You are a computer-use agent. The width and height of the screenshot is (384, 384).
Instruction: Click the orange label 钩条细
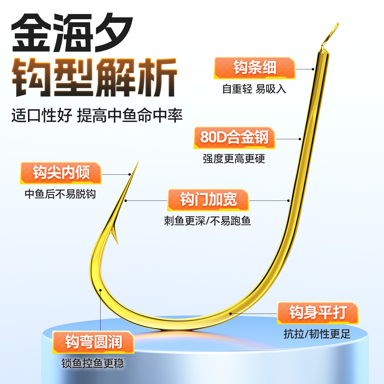[255, 68]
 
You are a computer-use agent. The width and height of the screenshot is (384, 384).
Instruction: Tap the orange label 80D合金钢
[234, 137]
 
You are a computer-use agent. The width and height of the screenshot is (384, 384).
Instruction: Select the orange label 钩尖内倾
[61, 173]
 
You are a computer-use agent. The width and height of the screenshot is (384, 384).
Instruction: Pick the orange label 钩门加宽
[208, 199]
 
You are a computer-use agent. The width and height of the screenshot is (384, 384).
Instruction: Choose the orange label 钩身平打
[318, 313]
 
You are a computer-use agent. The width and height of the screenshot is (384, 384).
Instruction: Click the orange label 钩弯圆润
[93, 342]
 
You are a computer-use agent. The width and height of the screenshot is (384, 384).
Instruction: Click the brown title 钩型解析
[94, 77]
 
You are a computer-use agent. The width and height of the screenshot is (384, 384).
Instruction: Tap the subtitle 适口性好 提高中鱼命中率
[97, 116]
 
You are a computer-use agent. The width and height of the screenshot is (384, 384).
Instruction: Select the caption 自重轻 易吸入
[254, 89]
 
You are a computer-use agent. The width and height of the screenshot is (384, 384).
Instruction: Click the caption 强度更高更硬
[234, 159]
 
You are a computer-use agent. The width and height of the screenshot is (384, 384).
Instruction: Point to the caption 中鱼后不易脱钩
[60, 194]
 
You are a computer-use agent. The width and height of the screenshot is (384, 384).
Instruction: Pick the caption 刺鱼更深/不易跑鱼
[207, 221]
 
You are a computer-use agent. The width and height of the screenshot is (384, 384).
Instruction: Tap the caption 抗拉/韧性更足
[317, 334]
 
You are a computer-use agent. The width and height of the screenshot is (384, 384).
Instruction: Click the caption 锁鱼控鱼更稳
[93, 363]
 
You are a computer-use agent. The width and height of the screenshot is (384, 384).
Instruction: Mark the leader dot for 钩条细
[313, 69]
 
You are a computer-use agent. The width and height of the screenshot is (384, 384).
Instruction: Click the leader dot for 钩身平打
[231, 314]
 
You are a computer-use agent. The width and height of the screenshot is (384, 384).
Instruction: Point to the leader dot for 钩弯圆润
[101, 290]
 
